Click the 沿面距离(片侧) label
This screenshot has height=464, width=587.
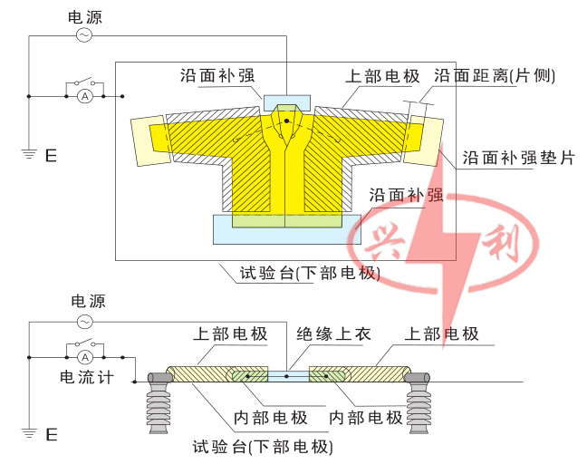pyautogui.click(x=494, y=76)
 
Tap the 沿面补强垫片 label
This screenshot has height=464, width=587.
pyautogui.click(x=518, y=157)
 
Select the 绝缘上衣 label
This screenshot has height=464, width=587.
pyautogui.click(x=333, y=334)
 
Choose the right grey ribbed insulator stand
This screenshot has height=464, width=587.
pyautogui.click(x=420, y=404)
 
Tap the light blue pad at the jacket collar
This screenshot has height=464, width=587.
pyautogui.click(x=286, y=101)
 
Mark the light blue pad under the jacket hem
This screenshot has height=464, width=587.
pyautogui.click(x=286, y=228)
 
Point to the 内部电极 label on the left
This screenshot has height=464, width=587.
pyautogui.click(x=271, y=418)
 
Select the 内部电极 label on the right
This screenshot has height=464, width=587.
pyautogui.click(x=365, y=418)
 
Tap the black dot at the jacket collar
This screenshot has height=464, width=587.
pyautogui.click(x=286, y=121)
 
